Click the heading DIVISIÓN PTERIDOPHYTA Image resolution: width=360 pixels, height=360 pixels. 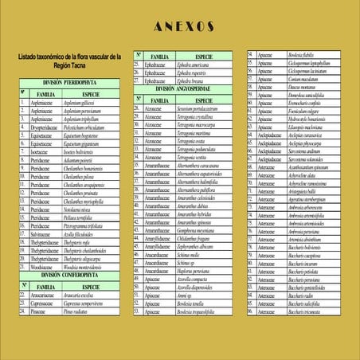[x=70, y=83]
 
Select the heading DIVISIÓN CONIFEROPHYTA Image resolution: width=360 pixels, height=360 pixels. [x=70, y=274]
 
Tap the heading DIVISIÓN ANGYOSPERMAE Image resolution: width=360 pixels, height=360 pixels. [x=182, y=90]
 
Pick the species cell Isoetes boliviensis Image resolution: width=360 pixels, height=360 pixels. [x=85, y=151]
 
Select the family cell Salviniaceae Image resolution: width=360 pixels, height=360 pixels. [x=44, y=234]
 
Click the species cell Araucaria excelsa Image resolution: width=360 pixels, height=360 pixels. [x=84, y=295]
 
